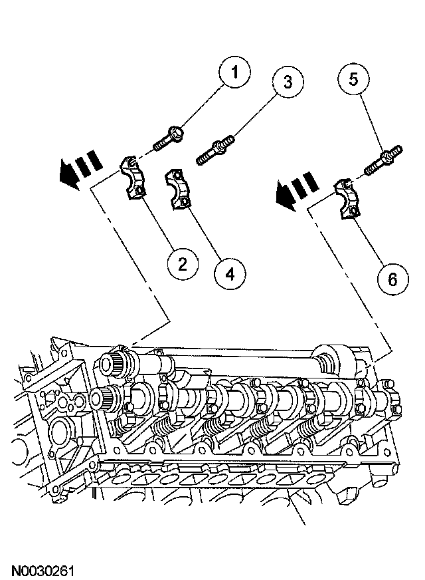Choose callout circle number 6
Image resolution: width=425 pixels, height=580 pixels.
coord(392,279)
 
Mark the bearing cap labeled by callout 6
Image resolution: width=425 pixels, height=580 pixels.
coord(348,196)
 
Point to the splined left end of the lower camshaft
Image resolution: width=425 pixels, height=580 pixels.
coord(106,400)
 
